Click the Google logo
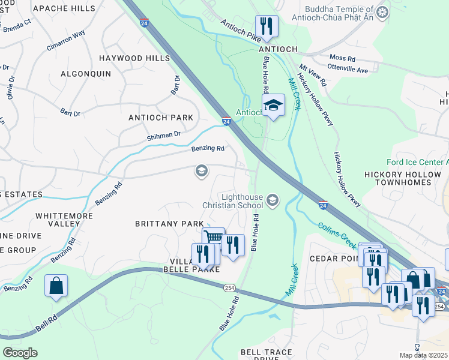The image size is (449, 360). pos(20,353)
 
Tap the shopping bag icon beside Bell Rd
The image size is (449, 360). pos(56,286)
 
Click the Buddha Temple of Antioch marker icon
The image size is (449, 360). pos(381,12)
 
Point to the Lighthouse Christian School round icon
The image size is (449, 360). pos(273,200)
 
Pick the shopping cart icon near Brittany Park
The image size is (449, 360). pos(213,238)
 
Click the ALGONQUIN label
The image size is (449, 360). pos(86,73)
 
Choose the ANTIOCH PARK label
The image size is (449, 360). pos(161,118)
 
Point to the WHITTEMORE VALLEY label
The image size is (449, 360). pos(58,219)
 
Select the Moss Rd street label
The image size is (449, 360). pos(342,59)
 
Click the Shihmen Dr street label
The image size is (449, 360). pos(164,136)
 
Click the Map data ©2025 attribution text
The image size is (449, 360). pos(423,355)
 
